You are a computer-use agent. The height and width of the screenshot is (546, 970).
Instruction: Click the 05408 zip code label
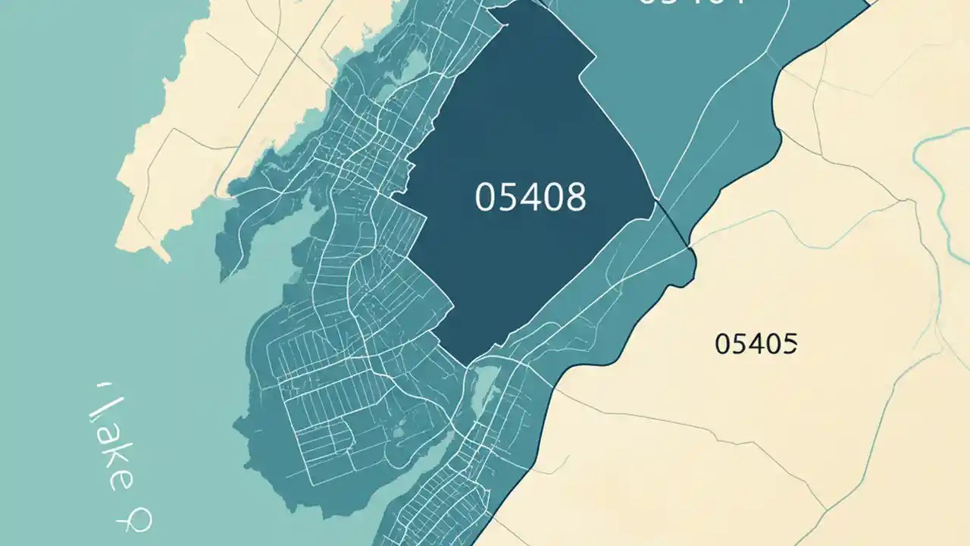[530, 198]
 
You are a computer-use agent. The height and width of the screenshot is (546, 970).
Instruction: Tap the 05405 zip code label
[756, 344]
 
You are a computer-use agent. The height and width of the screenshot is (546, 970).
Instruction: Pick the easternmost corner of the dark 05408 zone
[656, 201]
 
